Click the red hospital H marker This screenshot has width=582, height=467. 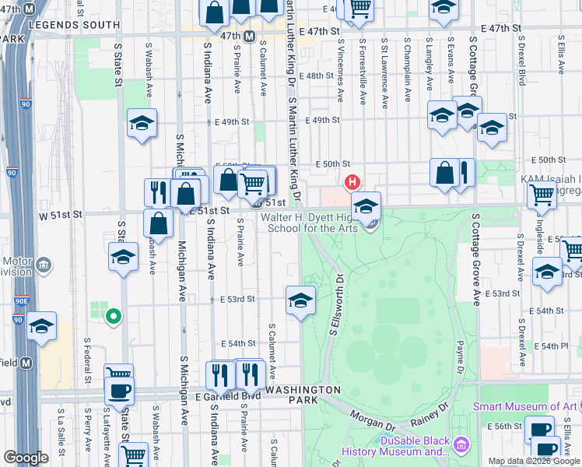pos(352,183)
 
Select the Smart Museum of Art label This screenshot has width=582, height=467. pos(525,406)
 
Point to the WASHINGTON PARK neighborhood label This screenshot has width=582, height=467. pos(303,395)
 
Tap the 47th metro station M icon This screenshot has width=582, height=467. pos(250,37)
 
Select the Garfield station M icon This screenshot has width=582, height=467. pos(26,363)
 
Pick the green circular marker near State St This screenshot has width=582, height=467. pos(113,316)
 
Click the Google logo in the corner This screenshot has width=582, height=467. pos(26,458)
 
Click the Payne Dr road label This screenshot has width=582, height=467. pos(460,358)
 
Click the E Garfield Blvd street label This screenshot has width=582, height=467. pos(226,395)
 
